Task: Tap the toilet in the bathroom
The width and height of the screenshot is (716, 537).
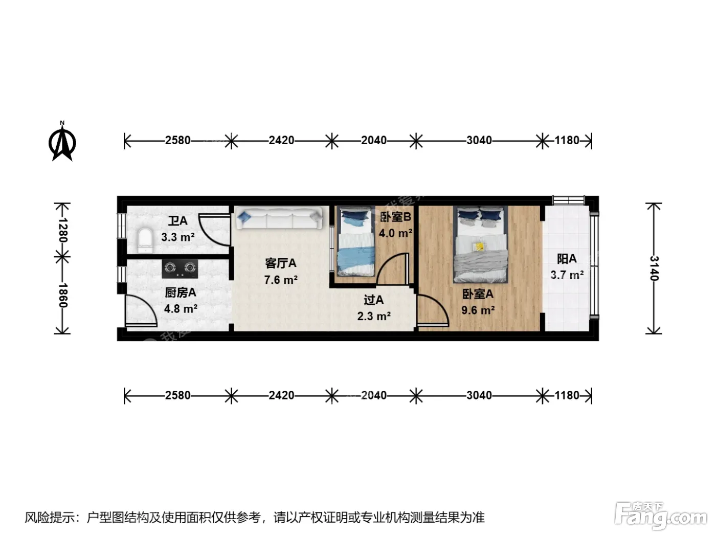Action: (145, 240)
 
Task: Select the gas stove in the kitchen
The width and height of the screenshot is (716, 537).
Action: (180, 268)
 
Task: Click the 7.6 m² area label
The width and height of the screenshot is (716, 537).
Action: (281, 280)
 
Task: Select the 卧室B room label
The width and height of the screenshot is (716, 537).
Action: (395, 217)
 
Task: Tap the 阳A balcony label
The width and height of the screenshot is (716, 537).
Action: (567, 259)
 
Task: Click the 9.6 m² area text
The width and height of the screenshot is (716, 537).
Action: (478, 310)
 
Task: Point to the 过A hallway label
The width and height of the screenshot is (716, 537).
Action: (374, 300)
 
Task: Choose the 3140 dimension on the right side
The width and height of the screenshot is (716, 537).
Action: (654, 268)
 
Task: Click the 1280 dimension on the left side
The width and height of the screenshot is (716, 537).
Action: (62, 230)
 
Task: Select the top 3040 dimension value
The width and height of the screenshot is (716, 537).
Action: (479, 141)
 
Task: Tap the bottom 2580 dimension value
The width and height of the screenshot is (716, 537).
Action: (177, 395)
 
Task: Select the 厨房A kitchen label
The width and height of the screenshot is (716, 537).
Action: (181, 293)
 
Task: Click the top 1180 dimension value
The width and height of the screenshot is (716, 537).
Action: (567, 141)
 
